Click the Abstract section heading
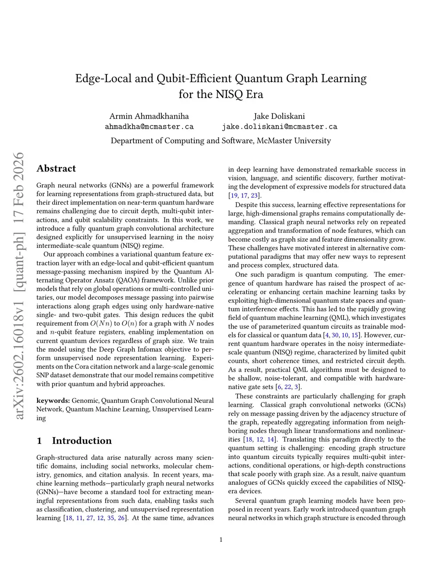pyautogui.click(x=56, y=169)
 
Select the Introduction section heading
pyautogui.click(x=82, y=441)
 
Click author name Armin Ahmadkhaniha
pyautogui.click(x=149, y=116)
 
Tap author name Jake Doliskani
pyautogui.click(x=279, y=116)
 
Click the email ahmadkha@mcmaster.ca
pyautogui.click(x=149, y=127)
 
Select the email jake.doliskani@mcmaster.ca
pyautogui.click(x=279, y=127)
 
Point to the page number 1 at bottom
pyautogui.click(x=221, y=539)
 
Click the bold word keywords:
pyautogui.click(x=53, y=401)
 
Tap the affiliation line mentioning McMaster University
pyautogui.click(x=221, y=141)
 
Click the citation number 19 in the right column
pyautogui.click(x=234, y=196)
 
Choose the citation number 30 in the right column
pyautogui.click(x=335, y=335)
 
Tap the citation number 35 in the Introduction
pyautogui.click(x=110, y=518)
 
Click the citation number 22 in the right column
pyautogui.click(x=287, y=387)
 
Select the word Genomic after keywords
pyautogui.click(x=85, y=401)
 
